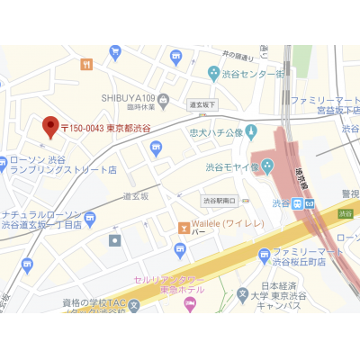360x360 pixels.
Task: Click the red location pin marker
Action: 50,127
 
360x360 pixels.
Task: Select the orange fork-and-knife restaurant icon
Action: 86,64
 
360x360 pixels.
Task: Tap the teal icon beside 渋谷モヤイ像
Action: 267,165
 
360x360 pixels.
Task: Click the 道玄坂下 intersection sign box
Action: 202,104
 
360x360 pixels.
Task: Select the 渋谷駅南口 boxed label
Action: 219,200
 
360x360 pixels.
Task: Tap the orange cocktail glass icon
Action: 184,226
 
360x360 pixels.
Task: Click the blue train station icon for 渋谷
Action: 309,203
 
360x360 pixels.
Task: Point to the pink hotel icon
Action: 189,303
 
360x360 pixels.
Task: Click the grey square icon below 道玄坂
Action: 114,240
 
